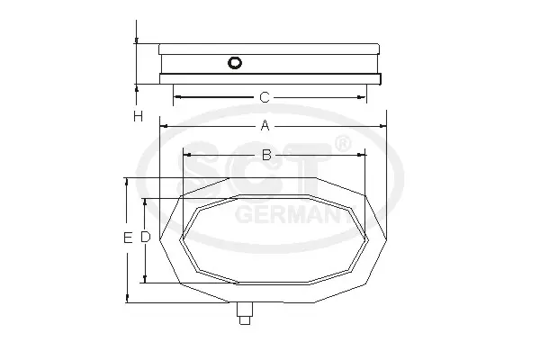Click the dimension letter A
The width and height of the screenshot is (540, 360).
pos(265,125)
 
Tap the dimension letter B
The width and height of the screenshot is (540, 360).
pos(266,155)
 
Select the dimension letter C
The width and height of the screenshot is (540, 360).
pos(264,97)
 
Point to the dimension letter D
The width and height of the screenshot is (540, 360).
pos(145,237)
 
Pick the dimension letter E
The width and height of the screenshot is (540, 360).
pos(128,238)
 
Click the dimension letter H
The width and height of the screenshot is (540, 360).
pos(138,116)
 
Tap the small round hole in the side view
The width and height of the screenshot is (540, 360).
pos(235,63)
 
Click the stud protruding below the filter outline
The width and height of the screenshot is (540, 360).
pos(245,313)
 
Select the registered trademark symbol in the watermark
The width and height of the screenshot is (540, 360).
pos(342,144)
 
